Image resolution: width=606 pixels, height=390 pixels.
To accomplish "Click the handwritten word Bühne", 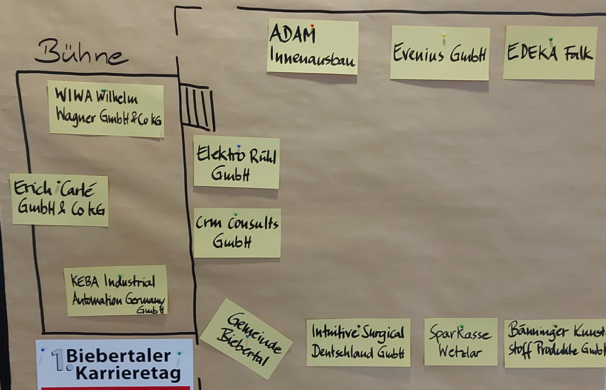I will point(80,53).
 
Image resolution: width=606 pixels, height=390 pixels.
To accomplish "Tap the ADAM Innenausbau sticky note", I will point(312,47).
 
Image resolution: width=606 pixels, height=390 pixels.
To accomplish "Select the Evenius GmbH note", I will point(439,53).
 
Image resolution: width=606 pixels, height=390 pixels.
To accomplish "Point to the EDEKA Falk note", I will point(550,53).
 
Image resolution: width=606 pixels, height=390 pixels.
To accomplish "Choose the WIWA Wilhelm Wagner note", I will point(106,109).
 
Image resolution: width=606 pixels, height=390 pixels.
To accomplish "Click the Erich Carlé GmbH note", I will point(59,200).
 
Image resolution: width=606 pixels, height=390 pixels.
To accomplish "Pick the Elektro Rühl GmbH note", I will point(236,162).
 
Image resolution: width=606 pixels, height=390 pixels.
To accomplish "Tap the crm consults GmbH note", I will point(237,233).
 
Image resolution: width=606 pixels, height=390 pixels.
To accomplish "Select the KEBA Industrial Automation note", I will point(116,290).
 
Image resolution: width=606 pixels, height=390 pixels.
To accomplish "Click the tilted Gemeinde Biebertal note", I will point(246,338).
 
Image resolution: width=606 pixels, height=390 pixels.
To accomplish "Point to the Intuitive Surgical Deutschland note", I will point(358,343).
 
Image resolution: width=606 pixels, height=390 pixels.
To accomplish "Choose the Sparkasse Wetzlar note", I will point(461,342).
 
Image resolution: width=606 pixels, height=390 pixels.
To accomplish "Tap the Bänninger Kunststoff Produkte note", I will point(555,343).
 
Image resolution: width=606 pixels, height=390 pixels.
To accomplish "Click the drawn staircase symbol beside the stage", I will point(198,108).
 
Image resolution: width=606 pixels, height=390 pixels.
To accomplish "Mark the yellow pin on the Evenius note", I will point(444,35).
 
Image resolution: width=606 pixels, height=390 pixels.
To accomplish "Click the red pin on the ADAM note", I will point(312,26).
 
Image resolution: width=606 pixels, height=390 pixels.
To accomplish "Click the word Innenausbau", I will point(313,61).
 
